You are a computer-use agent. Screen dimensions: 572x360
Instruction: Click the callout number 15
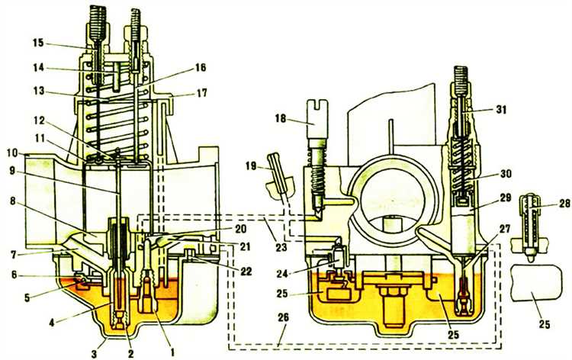(38, 43)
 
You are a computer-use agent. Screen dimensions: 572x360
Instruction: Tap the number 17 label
(201, 92)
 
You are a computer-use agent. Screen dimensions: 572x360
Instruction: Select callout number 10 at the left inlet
(11, 153)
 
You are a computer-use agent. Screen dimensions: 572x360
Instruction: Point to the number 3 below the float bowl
(95, 354)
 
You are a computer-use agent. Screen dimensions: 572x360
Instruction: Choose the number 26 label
(283, 317)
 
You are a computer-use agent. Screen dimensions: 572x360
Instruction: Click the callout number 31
(501, 109)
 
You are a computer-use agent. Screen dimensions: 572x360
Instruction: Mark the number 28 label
(564, 203)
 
